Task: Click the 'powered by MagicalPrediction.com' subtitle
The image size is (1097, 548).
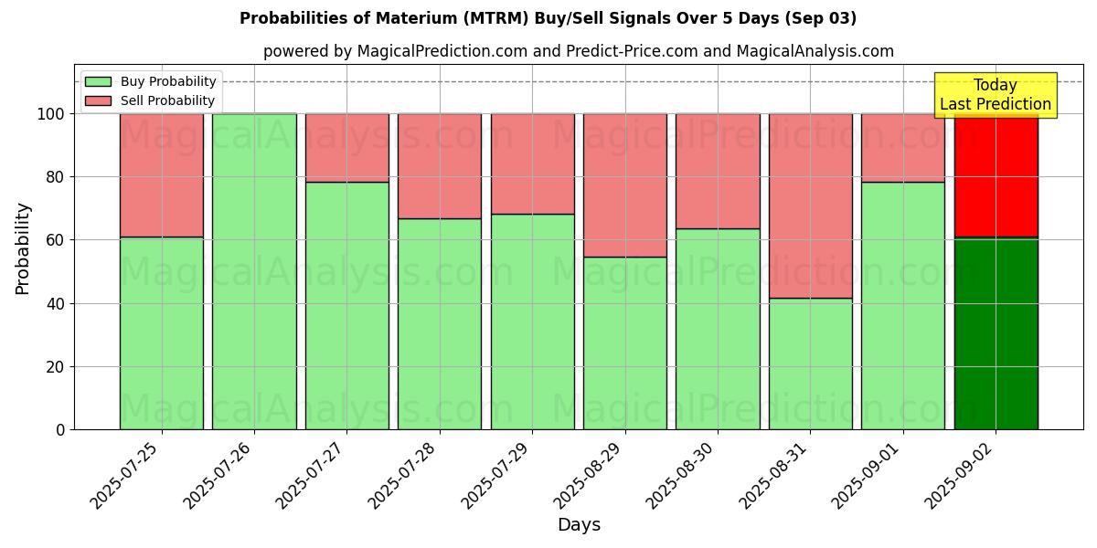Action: [x=578, y=51]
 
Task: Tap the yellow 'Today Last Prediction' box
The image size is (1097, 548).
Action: [x=995, y=95]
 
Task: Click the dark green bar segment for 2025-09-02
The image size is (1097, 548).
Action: [x=996, y=333]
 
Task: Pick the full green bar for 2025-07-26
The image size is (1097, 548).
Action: [x=254, y=271]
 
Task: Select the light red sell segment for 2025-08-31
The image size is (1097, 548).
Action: [x=810, y=205]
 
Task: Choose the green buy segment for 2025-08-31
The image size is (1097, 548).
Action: [x=810, y=364]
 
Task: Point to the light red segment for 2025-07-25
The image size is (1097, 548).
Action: [x=162, y=174]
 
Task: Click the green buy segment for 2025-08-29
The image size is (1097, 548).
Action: [x=625, y=343]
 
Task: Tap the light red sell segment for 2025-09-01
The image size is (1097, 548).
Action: [x=902, y=148]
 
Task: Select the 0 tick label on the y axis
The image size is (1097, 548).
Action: [x=61, y=429]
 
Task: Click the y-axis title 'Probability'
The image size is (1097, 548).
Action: [x=23, y=248]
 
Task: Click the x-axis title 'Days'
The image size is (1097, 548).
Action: [x=578, y=525]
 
